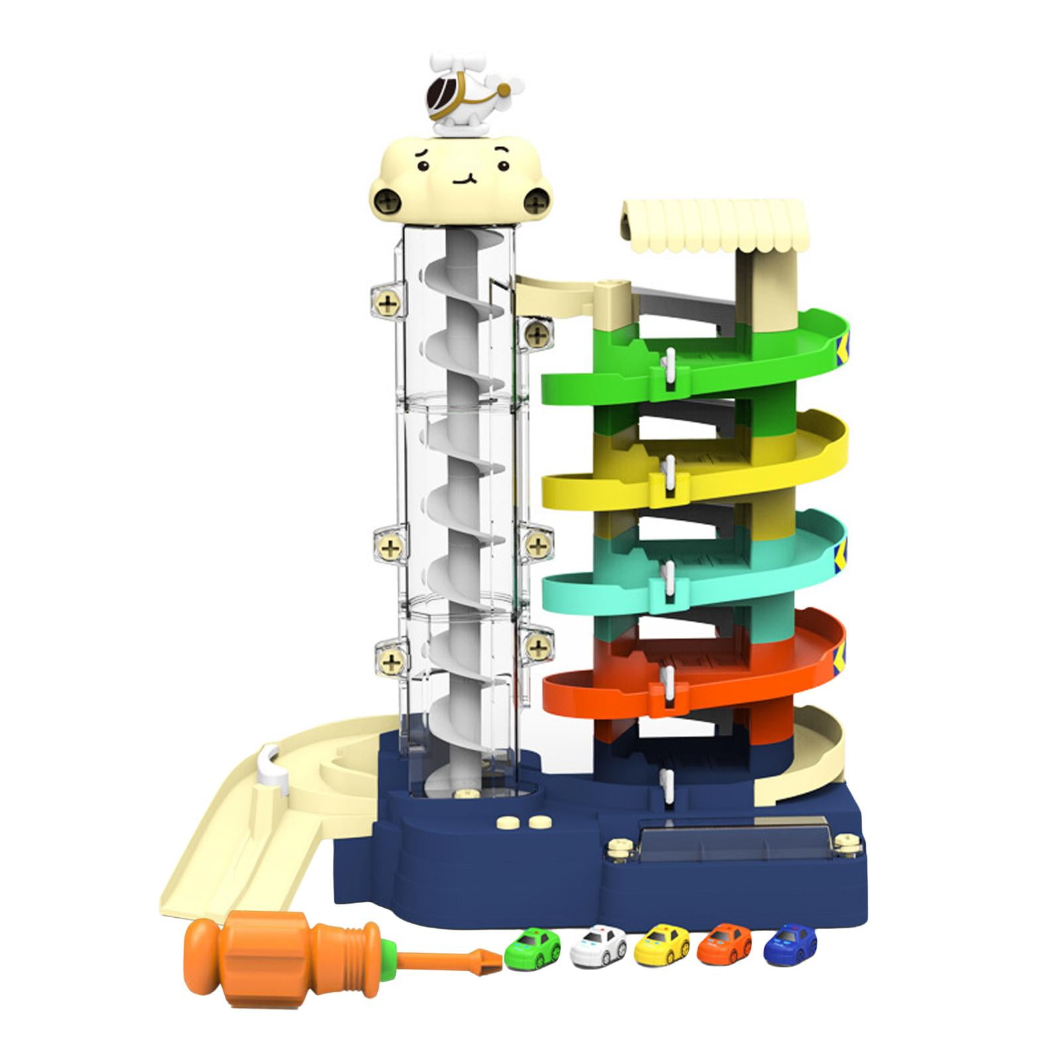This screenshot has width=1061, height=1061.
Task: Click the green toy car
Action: [x=532, y=948]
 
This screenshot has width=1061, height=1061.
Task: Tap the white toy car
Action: [x=597, y=944]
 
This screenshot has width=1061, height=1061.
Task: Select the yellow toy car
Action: [x=661, y=944]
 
